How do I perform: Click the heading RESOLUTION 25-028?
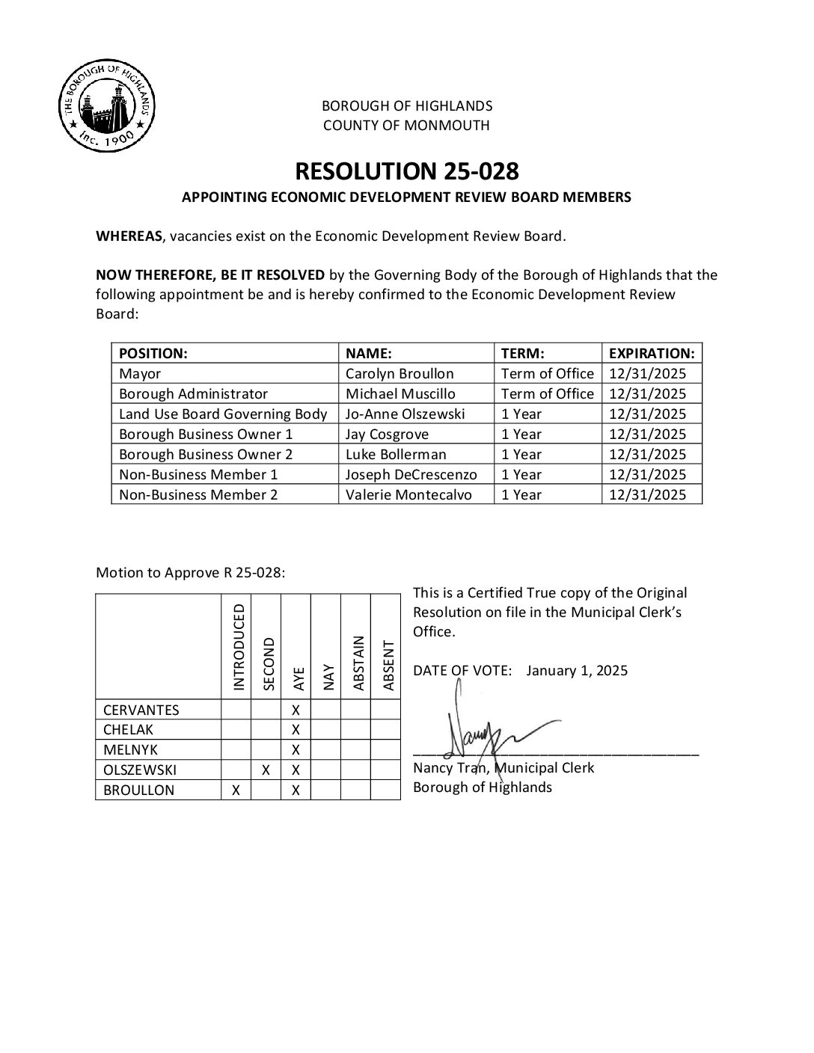coord(406,171)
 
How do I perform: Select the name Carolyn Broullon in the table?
coord(400,373)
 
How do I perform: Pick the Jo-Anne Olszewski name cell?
coord(405,414)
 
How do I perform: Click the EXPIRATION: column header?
coord(651,353)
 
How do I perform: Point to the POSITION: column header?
coord(153,353)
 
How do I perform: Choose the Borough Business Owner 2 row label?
coord(206,454)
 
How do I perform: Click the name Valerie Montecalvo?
coord(408,494)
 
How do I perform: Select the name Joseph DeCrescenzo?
coord(411,474)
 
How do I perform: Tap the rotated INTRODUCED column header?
coord(239,648)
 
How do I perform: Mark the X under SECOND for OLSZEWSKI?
coord(266,770)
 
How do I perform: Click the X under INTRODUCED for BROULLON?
coord(236,790)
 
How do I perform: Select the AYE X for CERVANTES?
coord(296,710)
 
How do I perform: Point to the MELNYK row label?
coord(130,749)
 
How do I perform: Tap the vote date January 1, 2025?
coord(577,670)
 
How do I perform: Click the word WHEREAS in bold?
coord(129,236)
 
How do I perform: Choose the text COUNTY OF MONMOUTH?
coord(406,125)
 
